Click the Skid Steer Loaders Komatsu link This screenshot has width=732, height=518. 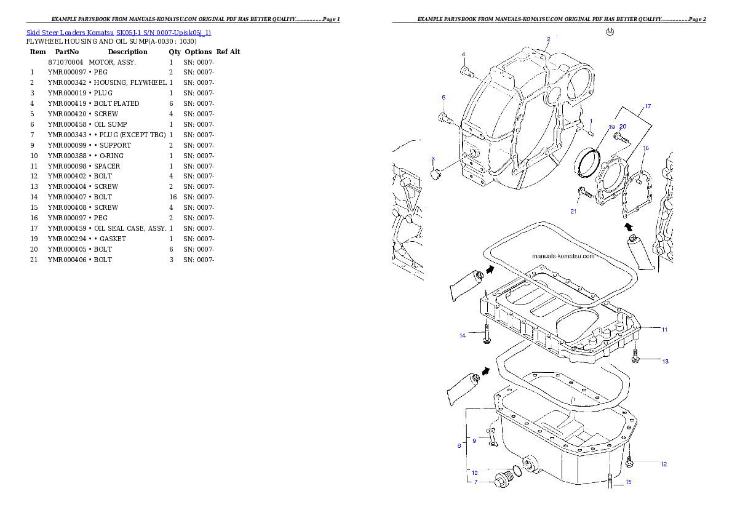[118, 33]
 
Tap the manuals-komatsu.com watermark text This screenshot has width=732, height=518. [563, 257]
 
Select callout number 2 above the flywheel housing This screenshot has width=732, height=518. [548, 39]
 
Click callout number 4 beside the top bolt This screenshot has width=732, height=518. [463, 54]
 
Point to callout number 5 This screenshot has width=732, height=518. [443, 97]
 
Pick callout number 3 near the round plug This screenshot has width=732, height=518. [433, 158]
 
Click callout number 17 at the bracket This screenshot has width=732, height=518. [647, 106]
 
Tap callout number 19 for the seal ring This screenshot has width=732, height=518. [611, 127]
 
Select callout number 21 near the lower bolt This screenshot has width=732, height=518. [573, 211]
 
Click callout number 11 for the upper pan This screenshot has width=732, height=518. [664, 329]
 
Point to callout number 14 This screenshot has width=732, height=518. [463, 335]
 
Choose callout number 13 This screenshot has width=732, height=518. [665, 361]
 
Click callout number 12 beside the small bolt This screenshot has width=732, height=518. [663, 464]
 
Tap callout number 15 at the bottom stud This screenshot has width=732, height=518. [628, 482]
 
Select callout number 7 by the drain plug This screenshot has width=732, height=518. [475, 482]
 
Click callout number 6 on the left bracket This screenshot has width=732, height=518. [459, 445]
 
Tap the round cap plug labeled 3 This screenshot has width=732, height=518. [436, 175]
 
